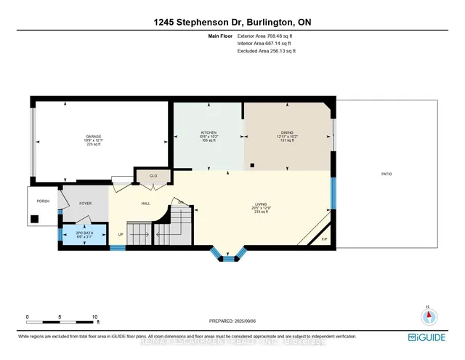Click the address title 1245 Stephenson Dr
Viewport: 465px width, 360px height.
(x=232, y=23)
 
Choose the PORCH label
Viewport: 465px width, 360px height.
(x=43, y=201)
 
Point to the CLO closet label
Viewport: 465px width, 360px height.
(x=153, y=175)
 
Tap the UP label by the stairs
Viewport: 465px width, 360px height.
(x=121, y=234)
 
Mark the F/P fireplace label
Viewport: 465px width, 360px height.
(x=324, y=239)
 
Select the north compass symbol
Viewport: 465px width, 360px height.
(x=429, y=315)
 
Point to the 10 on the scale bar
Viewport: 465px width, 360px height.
(x=94, y=317)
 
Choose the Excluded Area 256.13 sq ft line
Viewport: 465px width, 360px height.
(x=267, y=52)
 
